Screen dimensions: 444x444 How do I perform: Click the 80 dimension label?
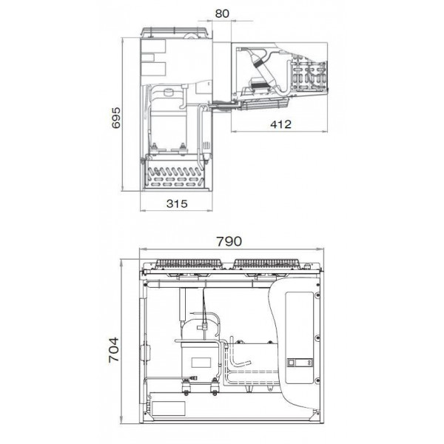point(222,13)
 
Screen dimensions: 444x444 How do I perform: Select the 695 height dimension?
point(116,118)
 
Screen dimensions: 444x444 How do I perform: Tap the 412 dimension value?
point(280,124)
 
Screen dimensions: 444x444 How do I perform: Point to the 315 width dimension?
point(177,203)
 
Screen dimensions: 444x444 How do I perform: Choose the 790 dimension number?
point(229,241)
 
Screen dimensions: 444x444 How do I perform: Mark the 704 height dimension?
point(114,350)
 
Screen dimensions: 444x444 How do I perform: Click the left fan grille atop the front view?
point(189,263)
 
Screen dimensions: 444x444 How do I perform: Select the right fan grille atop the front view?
point(266,263)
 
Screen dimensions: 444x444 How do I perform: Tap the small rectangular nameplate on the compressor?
point(201,363)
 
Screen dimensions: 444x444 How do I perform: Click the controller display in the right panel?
point(300,363)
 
